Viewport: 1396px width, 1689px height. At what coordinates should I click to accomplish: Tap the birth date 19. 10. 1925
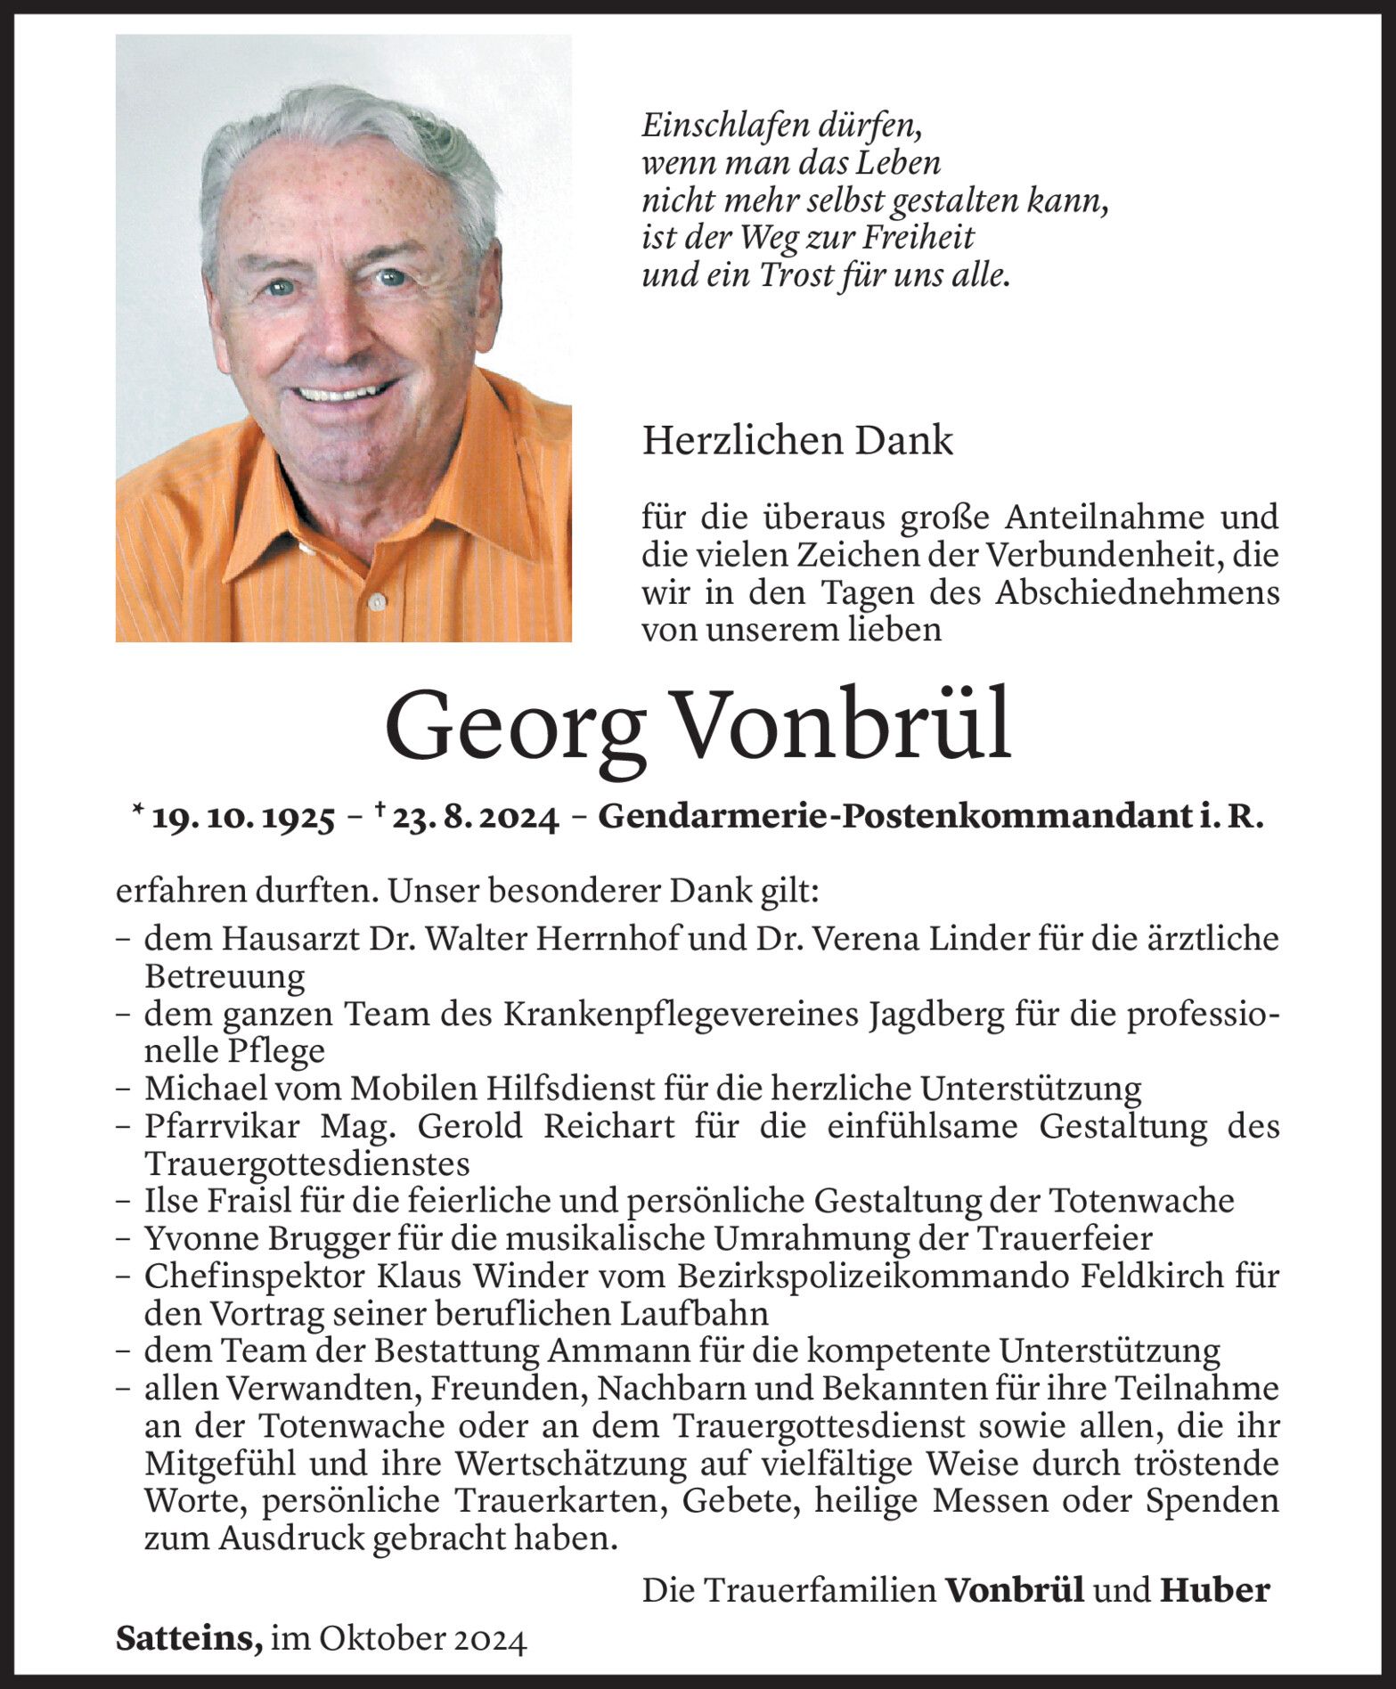click(243, 818)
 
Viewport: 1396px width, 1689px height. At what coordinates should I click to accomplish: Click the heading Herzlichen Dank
click(797, 441)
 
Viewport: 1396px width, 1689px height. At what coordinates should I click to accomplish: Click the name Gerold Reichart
click(546, 1127)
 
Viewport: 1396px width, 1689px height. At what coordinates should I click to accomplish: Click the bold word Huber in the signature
click(1214, 1590)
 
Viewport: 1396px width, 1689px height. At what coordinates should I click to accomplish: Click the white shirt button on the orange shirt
click(377, 600)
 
